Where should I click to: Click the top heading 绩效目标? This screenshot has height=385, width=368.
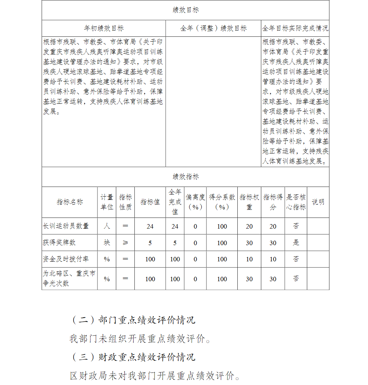(185, 10)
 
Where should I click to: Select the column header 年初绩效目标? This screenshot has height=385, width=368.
(104, 28)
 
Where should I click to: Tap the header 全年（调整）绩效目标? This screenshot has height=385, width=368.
(213, 28)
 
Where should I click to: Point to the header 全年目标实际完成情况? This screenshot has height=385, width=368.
(295, 28)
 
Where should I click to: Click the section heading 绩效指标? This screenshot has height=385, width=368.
(185, 177)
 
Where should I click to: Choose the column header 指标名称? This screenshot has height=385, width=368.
(70, 202)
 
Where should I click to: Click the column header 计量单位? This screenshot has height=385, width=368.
(107, 202)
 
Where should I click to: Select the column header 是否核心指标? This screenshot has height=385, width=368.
(296, 202)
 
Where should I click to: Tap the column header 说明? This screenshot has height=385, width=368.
(318, 202)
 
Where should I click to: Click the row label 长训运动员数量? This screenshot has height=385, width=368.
(66, 226)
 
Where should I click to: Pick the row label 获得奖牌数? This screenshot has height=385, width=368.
(59, 243)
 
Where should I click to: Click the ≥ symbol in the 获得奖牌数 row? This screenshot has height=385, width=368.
(125, 243)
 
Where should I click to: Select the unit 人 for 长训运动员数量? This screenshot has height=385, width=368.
(107, 226)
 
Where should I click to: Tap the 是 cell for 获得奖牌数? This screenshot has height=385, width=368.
(296, 243)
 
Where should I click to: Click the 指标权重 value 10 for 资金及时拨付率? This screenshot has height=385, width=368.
(249, 259)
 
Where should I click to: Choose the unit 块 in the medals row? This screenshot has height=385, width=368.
(107, 243)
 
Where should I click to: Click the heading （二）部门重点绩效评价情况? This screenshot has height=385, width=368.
(133, 320)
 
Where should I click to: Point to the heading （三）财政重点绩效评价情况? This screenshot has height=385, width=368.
(133, 357)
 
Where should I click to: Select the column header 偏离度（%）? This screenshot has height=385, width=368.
(195, 202)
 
